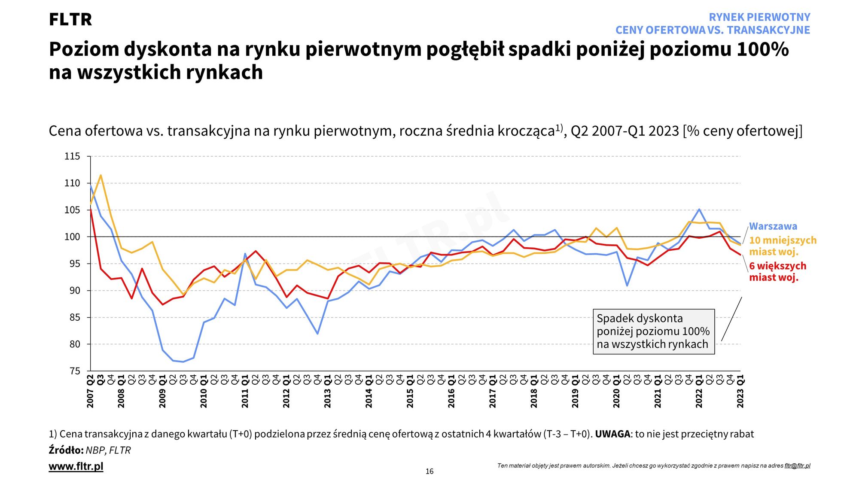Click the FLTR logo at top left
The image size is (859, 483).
click(70, 20)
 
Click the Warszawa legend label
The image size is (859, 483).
click(773, 226)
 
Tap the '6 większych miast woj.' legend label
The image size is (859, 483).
click(777, 271)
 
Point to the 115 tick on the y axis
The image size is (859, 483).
click(72, 156)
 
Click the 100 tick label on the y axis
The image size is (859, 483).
click(72, 237)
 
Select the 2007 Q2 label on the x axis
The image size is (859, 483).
click(90, 392)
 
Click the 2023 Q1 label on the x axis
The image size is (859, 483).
click(740, 392)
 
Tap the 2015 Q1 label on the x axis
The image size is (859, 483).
click(410, 392)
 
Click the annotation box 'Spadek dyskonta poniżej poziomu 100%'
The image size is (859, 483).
click(653, 331)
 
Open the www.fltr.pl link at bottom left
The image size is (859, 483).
click(76, 466)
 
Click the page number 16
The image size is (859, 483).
click(429, 471)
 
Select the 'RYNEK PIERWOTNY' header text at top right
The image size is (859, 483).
click(759, 17)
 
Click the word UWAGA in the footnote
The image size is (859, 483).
click(612, 434)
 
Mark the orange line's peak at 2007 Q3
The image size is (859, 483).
click(101, 175)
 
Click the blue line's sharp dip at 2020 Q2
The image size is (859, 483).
click(627, 286)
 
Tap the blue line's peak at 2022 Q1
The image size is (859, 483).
click(699, 210)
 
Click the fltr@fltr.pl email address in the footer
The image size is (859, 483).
click(797, 466)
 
